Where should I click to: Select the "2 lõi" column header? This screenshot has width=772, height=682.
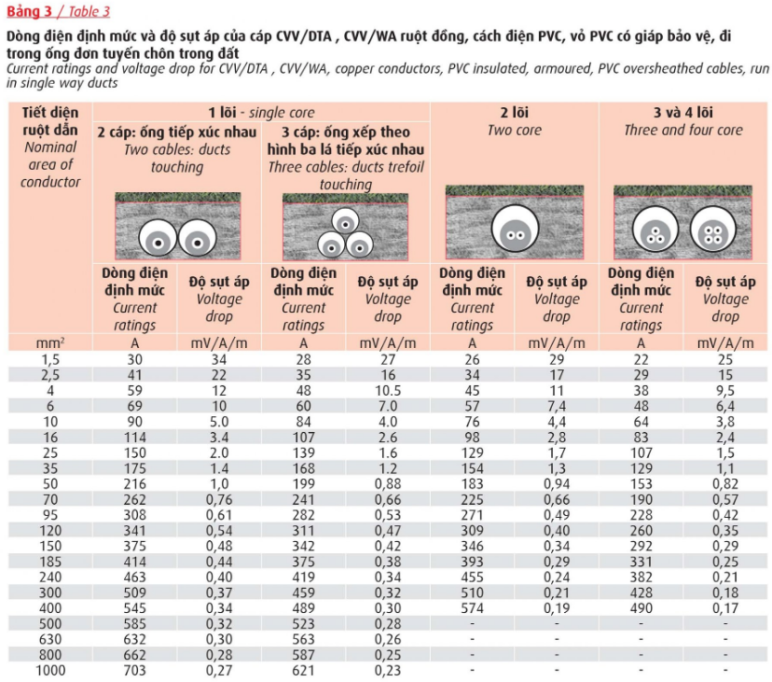514,113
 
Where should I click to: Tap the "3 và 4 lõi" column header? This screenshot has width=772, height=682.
683,113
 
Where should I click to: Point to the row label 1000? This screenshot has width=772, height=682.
51,669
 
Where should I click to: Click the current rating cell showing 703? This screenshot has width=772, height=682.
135,669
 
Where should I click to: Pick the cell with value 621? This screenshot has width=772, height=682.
304,669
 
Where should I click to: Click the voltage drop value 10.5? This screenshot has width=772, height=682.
388,389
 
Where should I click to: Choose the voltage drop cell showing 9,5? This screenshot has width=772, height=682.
725,389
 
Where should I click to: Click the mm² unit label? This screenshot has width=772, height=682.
51,342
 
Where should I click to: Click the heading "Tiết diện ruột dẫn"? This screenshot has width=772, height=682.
51,121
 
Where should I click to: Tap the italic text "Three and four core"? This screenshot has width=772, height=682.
683,131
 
